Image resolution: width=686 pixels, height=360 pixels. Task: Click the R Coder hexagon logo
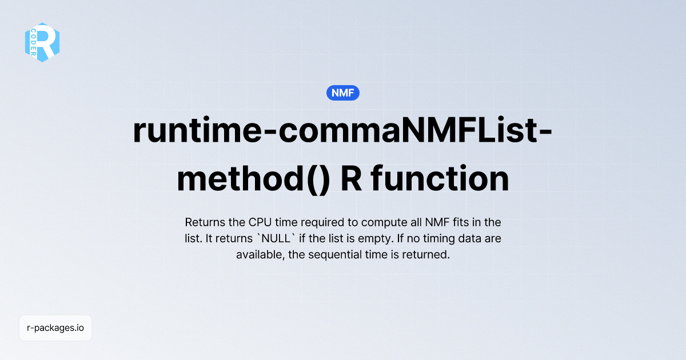tap(42, 42)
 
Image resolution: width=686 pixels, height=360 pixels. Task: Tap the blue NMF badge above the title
tap(343, 93)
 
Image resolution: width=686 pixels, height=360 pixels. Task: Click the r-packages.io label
tap(55, 328)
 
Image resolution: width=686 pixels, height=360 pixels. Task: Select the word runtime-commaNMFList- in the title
tap(342, 131)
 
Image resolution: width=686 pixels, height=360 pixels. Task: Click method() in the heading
tap(253, 178)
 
